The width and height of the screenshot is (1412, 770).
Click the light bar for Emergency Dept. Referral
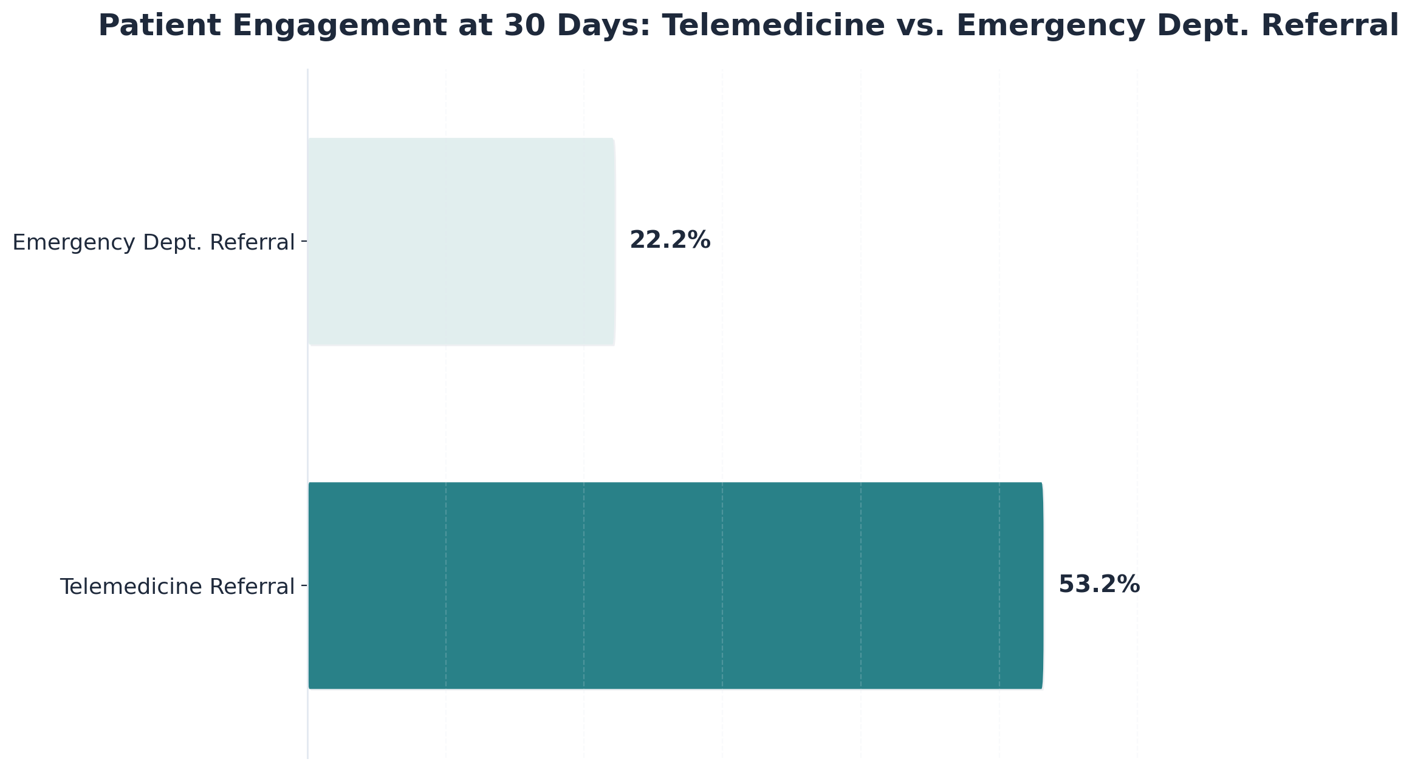click(x=462, y=242)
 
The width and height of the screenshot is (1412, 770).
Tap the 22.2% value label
click(x=670, y=240)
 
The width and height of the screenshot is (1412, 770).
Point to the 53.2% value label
click(x=1098, y=585)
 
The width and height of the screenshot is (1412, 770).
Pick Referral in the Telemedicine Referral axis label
click(x=252, y=587)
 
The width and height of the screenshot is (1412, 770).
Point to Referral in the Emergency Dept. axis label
click(x=252, y=243)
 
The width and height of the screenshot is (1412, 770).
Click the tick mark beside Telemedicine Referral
click(x=304, y=586)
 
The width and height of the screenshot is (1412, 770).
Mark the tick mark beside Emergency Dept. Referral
click(x=304, y=242)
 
